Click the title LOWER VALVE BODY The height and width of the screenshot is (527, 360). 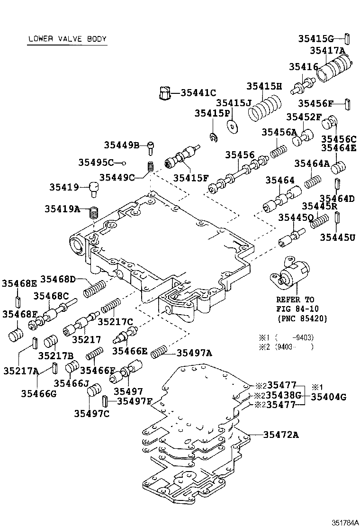click(x=67, y=39)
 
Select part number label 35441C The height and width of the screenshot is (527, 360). click(x=198, y=93)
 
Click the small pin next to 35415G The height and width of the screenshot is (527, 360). click(x=347, y=38)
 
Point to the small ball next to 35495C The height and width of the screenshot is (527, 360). click(x=124, y=163)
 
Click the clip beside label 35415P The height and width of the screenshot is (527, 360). click(x=214, y=137)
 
